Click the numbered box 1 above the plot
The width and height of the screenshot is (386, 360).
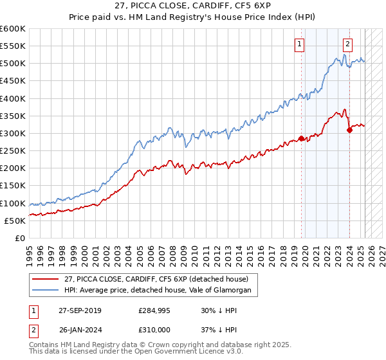[300, 44]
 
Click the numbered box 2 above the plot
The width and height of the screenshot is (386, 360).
[347, 44]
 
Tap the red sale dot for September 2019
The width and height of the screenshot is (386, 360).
[301, 138]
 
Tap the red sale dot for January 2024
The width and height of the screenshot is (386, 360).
[349, 130]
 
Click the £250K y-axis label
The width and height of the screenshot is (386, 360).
[13, 150]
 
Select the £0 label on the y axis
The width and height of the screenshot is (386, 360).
[21, 238]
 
